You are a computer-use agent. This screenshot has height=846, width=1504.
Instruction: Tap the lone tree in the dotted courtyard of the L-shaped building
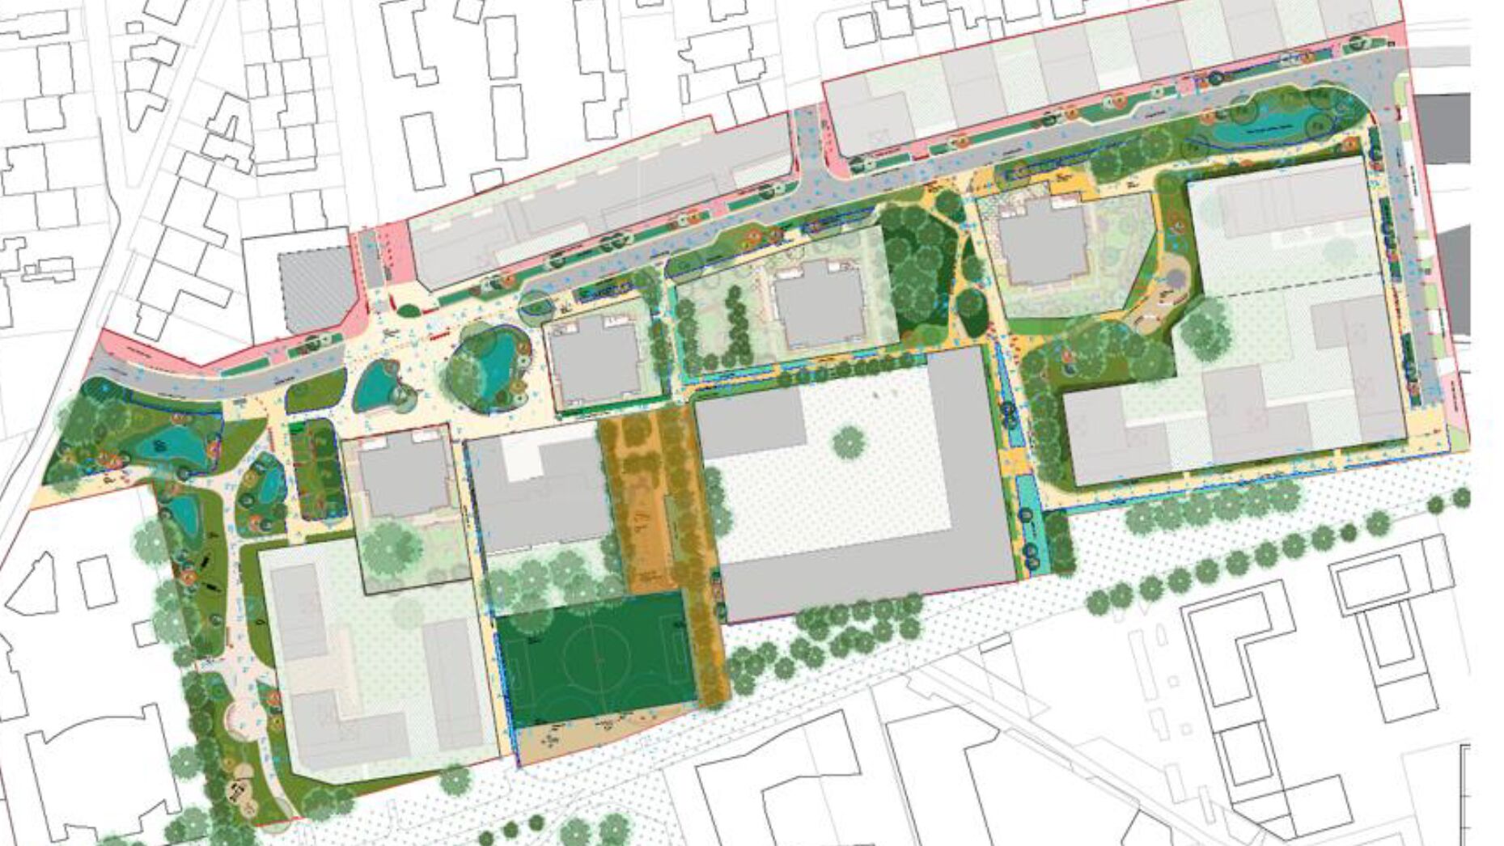pos(847,442)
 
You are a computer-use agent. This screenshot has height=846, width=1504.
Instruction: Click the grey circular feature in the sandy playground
pos(1174,279)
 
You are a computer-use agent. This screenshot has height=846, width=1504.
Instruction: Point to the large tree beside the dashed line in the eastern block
pos(1206,328)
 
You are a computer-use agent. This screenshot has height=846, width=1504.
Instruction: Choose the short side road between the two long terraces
pos(808,146)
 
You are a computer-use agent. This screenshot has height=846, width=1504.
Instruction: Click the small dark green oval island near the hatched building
pos(409,310)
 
